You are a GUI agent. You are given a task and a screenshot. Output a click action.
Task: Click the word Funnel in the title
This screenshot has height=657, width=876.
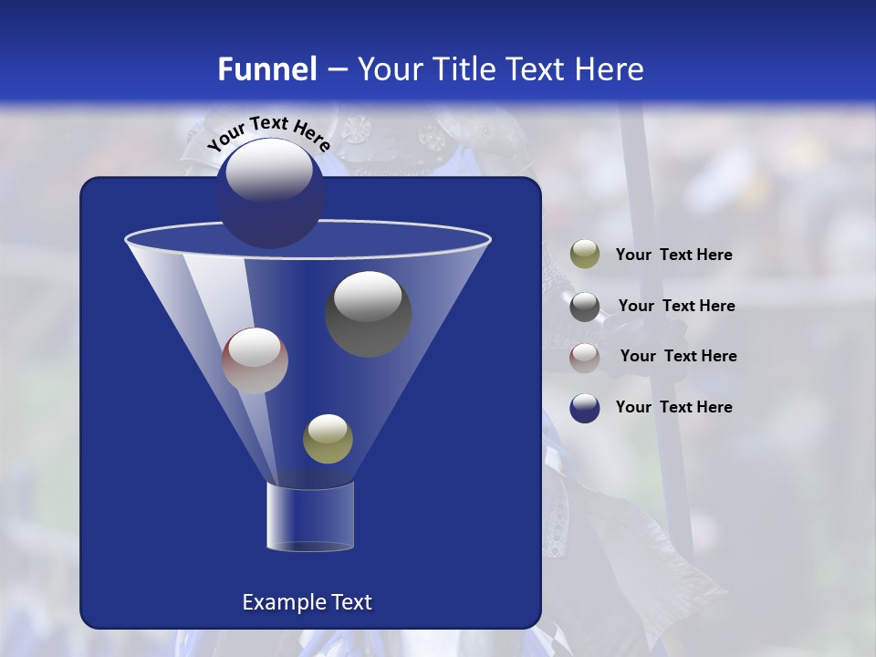coord(266,69)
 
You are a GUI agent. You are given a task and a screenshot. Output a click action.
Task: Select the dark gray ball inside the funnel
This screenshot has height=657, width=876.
coord(368,314)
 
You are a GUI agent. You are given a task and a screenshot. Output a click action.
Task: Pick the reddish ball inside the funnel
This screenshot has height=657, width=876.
coord(255,361)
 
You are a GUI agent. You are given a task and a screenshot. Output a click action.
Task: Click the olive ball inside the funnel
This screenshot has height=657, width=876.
coord(328,439)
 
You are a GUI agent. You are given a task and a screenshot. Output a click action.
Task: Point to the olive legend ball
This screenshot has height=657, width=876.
coord(585,255)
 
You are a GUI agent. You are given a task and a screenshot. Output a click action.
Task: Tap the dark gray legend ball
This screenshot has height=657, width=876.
coord(585,307)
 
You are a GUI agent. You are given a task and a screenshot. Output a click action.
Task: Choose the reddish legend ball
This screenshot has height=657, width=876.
coord(585,357)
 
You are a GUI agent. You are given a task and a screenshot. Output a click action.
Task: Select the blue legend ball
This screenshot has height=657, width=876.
coord(585,408)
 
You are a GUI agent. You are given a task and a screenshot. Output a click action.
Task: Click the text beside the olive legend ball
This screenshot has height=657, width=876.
coord(673,255)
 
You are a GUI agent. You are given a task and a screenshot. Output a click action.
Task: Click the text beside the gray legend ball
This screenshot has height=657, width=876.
coord(676,307)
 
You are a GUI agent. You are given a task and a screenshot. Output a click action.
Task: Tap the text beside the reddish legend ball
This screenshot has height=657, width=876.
coord(678,357)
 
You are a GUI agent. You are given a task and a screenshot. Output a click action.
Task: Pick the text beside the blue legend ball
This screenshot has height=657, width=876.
coord(673,407)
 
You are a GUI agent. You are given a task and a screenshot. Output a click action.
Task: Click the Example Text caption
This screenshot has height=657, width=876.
coord(307,602)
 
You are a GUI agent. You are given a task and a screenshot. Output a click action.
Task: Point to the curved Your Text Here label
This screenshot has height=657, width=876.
coord(268,132)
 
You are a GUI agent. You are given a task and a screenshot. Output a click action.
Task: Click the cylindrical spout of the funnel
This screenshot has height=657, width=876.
coord(309,516)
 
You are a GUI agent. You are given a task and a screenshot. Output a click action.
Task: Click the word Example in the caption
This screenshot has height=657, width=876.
coord(276,602)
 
